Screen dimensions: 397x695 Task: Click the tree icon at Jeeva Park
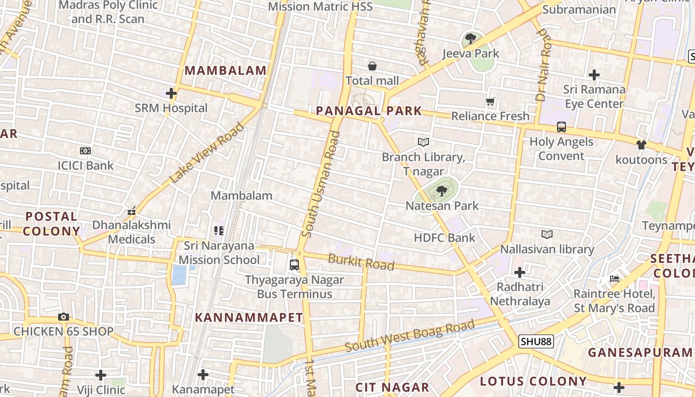pyautogui.click(x=470, y=38)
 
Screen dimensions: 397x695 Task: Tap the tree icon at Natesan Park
pyautogui.click(x=441, y=191)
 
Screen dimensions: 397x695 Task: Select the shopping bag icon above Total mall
pyautogui.click(x=372, y=66)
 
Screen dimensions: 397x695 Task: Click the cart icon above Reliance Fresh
pyautogui.click(x=490, y=102)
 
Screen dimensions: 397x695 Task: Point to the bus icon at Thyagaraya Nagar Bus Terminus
pyautogui.click(x=294, y=265)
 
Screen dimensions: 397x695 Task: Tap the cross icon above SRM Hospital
pyautogui.click(x=171, y=93)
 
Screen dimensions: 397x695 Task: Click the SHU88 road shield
pyautogui.click(x=536, y=341)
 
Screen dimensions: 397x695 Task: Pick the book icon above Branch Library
pyautogui.click(x=423, y=142)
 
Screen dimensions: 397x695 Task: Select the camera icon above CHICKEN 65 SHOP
pyautogui.click(x=63, y=317)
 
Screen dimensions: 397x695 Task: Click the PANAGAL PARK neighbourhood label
pyautogui.click(x=369, y=111)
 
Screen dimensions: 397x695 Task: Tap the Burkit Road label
pyautogui.click(x=361, y=262)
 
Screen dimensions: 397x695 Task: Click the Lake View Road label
pyautogui.click(x=207, y=152)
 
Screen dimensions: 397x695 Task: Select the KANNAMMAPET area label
pyautogui.click(x=249, y=318)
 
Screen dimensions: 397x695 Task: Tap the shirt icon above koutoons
pyautogui.click(x=641, y=145)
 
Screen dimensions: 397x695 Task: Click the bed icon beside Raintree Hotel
pyautogui.click(x=615, y=279)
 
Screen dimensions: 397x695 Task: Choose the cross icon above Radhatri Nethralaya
pyautogui.click(x=520, y=272)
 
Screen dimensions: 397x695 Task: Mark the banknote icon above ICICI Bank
pyautogui.click(x=85, y=151)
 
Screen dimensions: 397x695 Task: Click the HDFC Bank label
pyautogui.click(x=444, y=238)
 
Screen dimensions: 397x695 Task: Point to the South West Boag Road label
pyautogui.click(x=410, y=336)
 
